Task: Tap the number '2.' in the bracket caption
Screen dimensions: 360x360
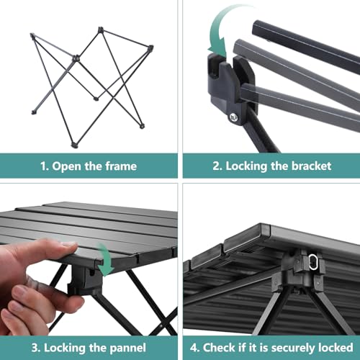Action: (217, 166)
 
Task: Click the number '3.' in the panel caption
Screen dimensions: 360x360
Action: (36, 348)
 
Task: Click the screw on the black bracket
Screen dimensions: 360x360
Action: (233, 117)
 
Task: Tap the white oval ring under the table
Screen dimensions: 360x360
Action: (313, 262)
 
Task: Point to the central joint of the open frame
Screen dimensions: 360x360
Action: (76, 58)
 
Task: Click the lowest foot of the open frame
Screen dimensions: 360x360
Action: (74, 145)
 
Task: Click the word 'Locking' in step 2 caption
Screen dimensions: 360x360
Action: (246, 166)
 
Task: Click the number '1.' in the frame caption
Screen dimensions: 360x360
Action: (45, 166)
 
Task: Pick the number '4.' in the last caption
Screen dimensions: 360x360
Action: (195, 348)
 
